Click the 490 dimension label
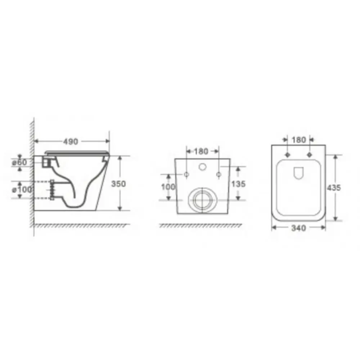pyautogui.click(x=71, y=142)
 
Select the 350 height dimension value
pyautogui.click(x=118, y=184)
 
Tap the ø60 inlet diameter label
pyautogui.click(x=19, y=163)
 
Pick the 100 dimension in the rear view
pyautogui.click(x=168, y=187)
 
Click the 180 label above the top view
pyautogui.click(x=298, y=140)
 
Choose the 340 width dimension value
pyautogui.click(x=298, y=228)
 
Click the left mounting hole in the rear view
pyautogui.click(x=186, y=175)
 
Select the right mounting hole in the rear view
pyautogui.click(x=218, y=175)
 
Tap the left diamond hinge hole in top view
pyautogui.click(x=287, y=155)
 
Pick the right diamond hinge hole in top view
pyautogui.click(x=309, y=155)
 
